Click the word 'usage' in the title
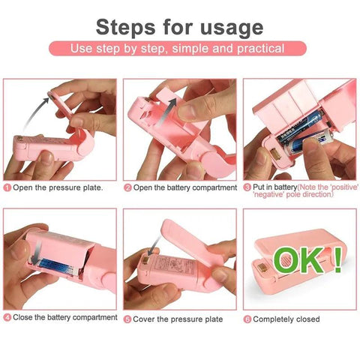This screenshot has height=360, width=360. [228, 27]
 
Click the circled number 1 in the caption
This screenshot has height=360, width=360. [7, 187]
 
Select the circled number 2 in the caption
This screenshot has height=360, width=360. [127, 187]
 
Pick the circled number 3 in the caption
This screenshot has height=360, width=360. [246, 187]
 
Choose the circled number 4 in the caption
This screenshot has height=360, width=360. [7, 318]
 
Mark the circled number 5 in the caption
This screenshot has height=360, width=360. [127, 319]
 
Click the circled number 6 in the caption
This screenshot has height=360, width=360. [247, 319]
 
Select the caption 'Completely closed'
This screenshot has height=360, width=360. [288, 319]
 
